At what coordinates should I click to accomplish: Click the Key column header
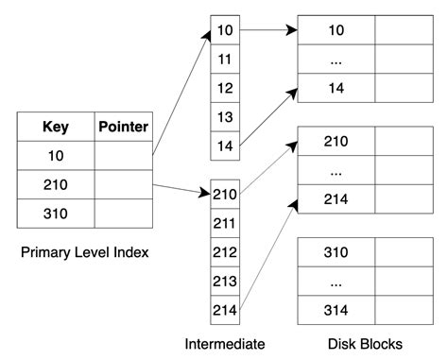pos(56,127)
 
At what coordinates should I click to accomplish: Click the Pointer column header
pos(123,127)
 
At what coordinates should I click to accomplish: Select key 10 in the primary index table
pos(56,155)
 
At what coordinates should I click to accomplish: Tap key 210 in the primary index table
pos(56,183)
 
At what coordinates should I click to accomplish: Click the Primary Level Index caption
pos(83,252)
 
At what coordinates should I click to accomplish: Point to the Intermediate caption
pos(226,343)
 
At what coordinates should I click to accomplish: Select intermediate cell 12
pos(225,88)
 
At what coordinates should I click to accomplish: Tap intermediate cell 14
pos(225,146)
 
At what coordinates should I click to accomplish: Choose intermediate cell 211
pos(225,224)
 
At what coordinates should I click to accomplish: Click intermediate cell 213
pos(225,280)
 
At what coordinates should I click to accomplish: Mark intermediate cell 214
pos(225,308)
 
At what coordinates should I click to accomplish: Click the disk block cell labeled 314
pos(336,310)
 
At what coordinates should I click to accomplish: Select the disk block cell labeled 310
pos(336,253)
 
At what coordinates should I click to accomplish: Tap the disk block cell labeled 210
pos(336,142)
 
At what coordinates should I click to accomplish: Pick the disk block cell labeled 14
pos(336,88)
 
